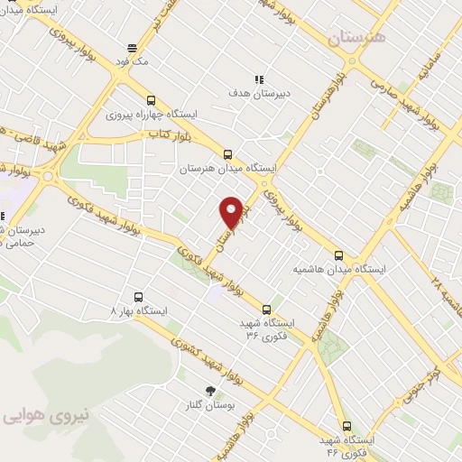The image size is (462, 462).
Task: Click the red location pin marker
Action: click(232, 211)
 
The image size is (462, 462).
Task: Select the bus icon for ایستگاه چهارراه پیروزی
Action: click(151, 101)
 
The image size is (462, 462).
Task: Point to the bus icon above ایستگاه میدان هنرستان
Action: click(227, 154)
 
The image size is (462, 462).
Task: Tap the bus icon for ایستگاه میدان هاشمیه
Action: click(339, 255)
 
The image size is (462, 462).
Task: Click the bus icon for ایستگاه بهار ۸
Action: click(138, 296)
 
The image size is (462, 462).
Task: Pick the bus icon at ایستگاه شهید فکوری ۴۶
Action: click(346, 425)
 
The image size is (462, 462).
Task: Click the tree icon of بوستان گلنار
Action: click(211, 390)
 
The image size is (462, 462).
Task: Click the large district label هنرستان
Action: click(356, 38)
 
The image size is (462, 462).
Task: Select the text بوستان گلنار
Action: click(210, 406)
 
